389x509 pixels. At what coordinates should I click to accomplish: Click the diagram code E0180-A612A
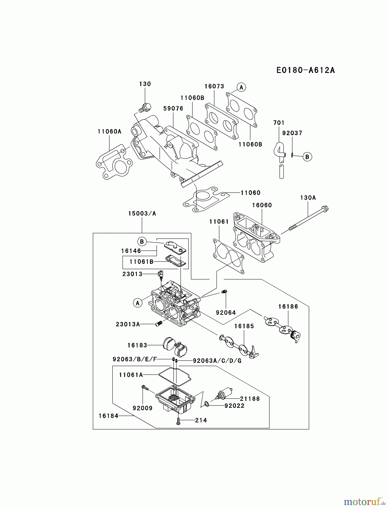(305, 70)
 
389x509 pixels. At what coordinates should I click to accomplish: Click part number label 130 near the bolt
(145, 84)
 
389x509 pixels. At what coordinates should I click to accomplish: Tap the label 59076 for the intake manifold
(173, 109)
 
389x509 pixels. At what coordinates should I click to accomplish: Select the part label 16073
(214, 86)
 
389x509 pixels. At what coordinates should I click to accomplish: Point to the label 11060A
(109, 131)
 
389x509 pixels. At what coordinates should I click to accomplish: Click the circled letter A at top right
(241, 87)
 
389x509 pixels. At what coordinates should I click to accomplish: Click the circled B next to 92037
(307, 157)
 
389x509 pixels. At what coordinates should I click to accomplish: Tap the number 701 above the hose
(278, 123)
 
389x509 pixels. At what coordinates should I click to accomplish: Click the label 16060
(262, 205)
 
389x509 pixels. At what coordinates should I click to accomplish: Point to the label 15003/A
(142, 213)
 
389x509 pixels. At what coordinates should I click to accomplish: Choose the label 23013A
(128, 324)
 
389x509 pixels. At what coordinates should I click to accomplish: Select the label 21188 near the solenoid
(250, 398)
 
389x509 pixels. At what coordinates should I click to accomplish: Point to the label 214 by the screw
(201, 420)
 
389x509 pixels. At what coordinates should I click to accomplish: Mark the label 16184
(108, 416)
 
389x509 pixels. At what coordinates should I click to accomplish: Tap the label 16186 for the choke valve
(288, 307)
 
